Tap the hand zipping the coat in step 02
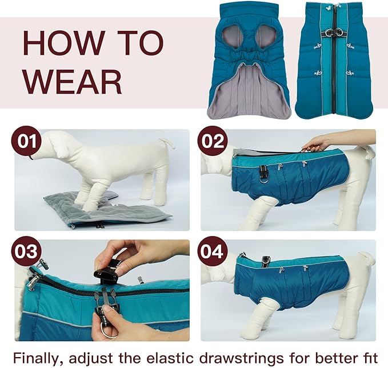tap(318, 142)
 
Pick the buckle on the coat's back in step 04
tap(266, 261)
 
